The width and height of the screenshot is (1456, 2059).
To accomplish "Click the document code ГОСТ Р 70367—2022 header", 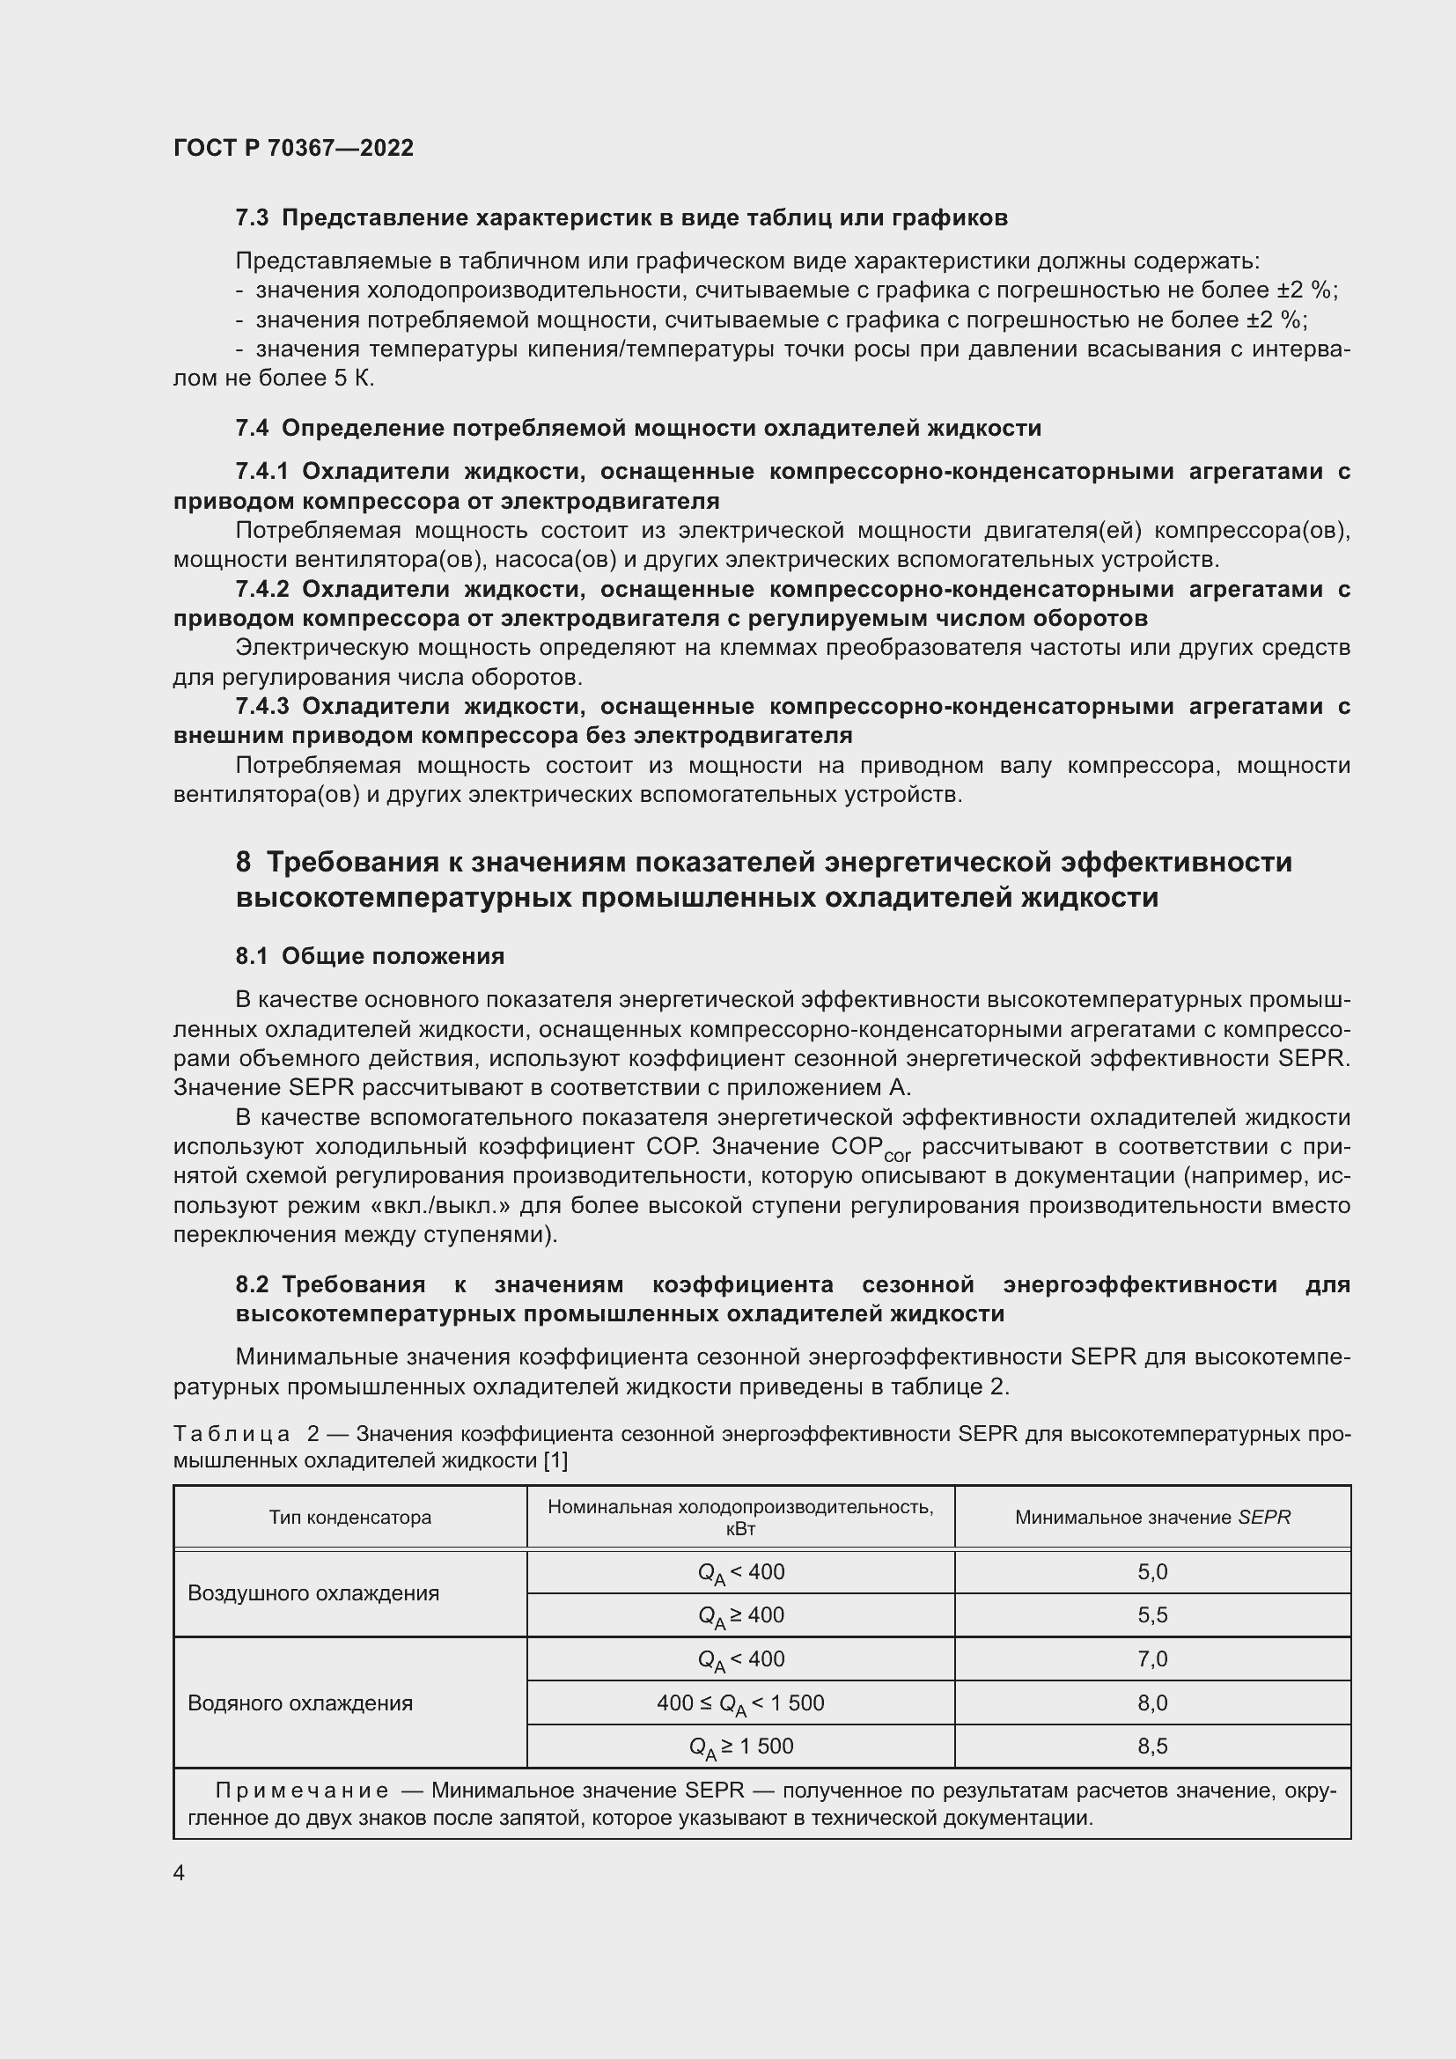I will click(x=293, y=148).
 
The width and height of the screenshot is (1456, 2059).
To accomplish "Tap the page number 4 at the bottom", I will click(x=180, y=1872).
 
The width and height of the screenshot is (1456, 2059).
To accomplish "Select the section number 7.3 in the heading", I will click(x=252, y=218).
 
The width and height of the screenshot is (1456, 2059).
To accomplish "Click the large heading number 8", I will click(x=243, y=862).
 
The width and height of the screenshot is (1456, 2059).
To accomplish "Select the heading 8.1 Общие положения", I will click(x=370, y=956).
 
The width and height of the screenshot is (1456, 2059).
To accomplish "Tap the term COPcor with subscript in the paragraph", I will click(x=870, y=1149).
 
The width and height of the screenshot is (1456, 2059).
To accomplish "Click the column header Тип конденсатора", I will click(x=349, y=1518).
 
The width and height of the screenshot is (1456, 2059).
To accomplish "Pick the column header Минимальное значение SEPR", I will click(x=1152, y=1518).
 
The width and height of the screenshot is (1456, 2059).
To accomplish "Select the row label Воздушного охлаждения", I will click(x=313, y=1593).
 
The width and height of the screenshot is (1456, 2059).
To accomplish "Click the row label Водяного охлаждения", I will click(x=299, y=1703).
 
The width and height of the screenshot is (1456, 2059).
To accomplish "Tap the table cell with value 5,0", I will click(x=1152, y=1572).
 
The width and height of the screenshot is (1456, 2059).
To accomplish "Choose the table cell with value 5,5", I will click(x=1152, y=1615).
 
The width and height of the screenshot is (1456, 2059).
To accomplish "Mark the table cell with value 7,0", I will click(x=1152, y=1659).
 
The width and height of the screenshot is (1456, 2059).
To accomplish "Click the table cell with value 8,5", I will click(x=1152, y=1746).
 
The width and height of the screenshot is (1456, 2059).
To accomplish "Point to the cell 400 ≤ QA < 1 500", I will click(x=739, y=1704).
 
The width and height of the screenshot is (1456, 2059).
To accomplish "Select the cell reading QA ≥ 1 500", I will click(x=739, y=1746).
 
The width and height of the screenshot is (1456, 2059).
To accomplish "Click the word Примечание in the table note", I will click(x=302, y=1791).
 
